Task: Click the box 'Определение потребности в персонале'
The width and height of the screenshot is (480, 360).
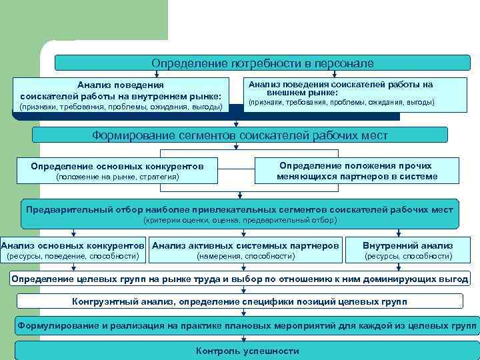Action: (x=262, y=63)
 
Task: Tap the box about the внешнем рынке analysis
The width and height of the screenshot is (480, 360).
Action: (x=341, y=93)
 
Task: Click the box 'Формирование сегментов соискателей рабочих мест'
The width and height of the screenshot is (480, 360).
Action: (x=239, y=135)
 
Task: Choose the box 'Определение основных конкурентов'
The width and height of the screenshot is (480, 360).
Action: (x=117, y=171)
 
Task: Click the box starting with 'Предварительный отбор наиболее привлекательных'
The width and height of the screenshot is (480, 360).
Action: (x=240, y=214)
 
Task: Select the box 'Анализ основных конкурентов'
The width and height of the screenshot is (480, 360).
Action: (x=73, y=249)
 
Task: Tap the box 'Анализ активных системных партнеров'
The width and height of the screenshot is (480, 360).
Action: (x=245, y=249)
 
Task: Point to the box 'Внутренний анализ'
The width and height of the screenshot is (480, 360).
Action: (x=407, y=249)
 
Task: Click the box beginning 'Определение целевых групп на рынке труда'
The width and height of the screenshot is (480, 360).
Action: (x=239, y=278)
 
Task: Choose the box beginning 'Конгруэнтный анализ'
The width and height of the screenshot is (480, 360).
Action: (x=239, y=302)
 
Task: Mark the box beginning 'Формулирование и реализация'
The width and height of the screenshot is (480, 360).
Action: (x=247, y=326)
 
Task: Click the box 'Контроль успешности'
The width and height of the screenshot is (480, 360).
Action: (x=247, y=351)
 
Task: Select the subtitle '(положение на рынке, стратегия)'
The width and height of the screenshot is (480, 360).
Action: (x=117, y=177)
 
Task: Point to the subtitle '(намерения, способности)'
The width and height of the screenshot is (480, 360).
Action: (x=245, y=256)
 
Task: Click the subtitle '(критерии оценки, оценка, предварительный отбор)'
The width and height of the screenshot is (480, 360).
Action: (x=240, y=220)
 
